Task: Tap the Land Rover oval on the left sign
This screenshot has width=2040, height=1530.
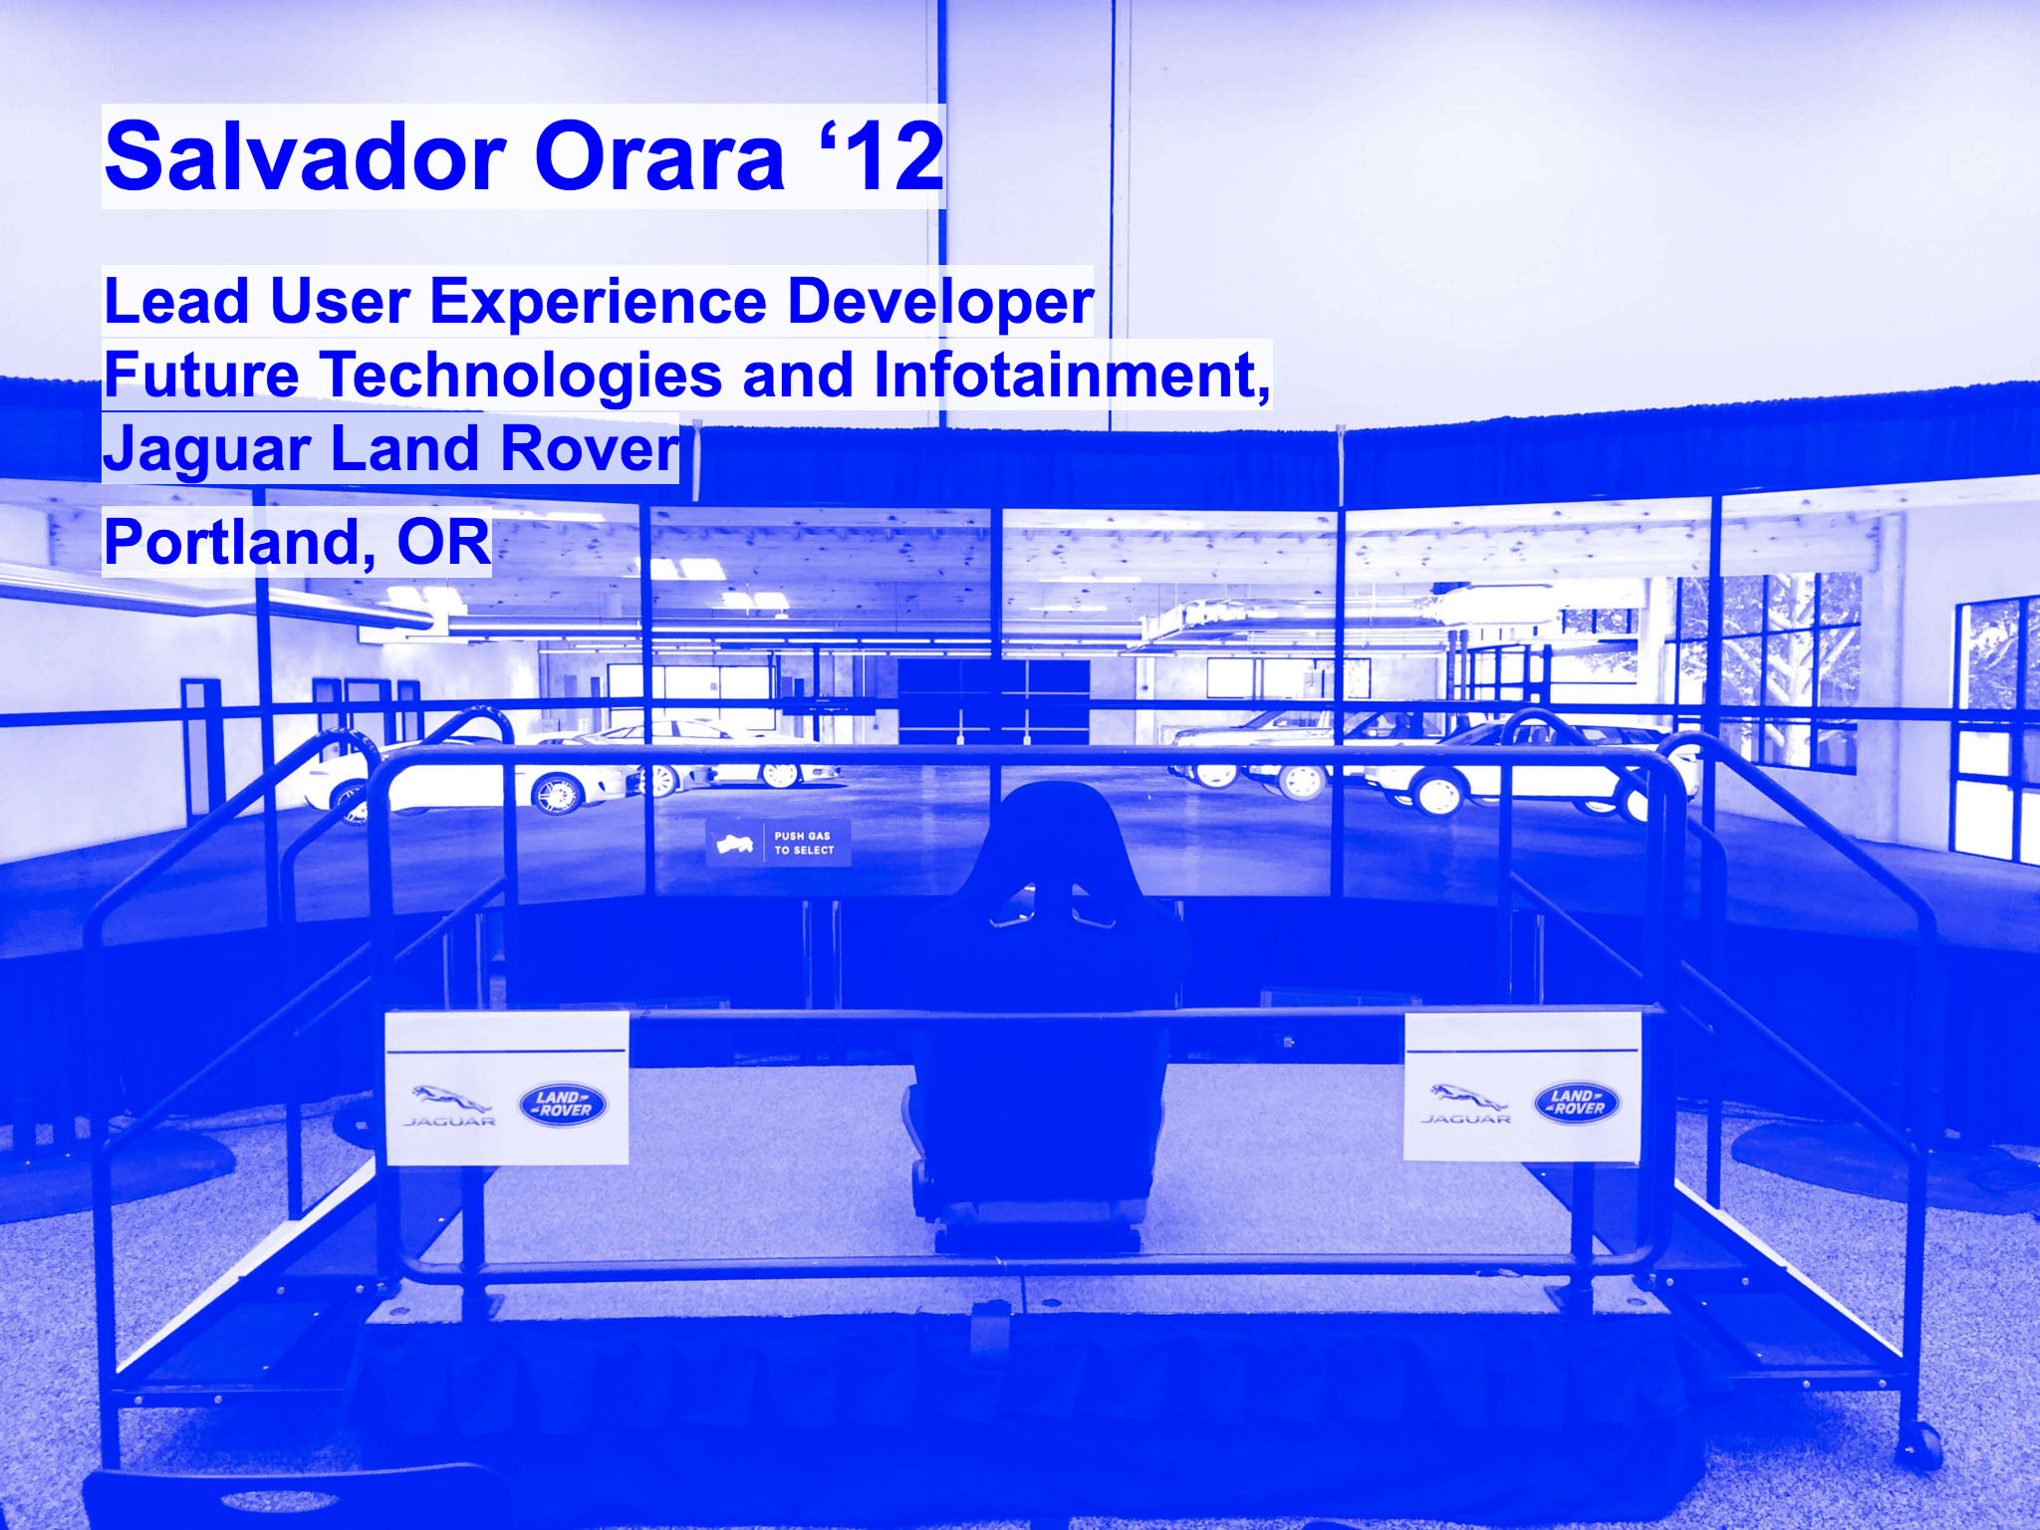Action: coord(563,1105)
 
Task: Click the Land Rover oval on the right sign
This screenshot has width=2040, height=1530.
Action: coord(1577,1103)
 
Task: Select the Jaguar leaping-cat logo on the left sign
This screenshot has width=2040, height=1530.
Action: coord(450,1099)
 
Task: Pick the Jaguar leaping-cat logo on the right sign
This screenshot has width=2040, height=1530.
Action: coord(1467,1098)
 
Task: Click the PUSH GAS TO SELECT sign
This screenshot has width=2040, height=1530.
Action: coord(778,843)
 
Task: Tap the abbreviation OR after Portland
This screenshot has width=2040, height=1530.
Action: coord(443,543)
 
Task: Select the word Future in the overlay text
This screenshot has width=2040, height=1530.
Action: coord(202,375)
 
